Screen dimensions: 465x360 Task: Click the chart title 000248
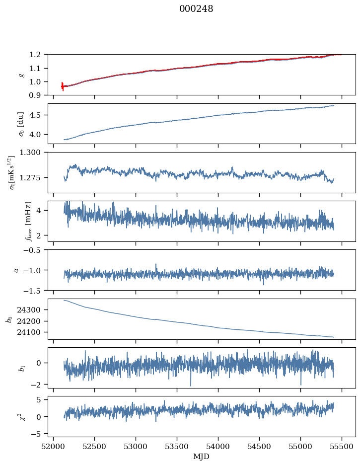click(196, 9)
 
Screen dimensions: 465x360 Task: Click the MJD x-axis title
click(202, 457)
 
